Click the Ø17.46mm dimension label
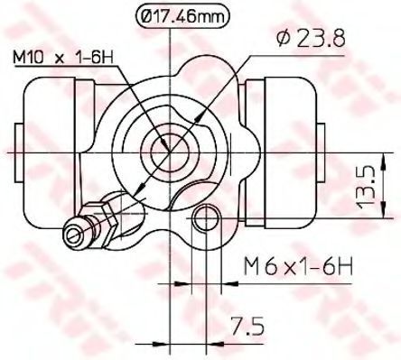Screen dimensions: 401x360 183,17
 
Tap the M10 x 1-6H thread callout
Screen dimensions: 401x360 62,56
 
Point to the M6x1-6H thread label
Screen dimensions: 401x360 298,265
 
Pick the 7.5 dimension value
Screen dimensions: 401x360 247,325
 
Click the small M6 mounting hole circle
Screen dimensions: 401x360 206,218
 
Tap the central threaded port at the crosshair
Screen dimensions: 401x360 170,152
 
